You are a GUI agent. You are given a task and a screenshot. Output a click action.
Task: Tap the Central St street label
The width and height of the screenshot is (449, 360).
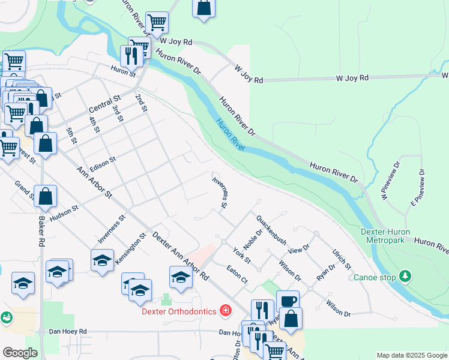click(104, 106)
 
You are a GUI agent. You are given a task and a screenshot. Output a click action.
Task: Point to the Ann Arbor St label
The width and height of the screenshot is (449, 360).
click(95, 182)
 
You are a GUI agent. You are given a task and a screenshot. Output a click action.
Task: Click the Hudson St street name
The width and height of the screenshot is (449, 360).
click(64, 215)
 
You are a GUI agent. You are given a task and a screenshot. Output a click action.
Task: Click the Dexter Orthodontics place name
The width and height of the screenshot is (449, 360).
click(179, 311)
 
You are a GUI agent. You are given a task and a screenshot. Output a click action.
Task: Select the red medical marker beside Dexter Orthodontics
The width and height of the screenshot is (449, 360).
click(226, 310)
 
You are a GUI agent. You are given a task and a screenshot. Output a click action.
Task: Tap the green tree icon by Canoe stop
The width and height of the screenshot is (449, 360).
click(406, 276)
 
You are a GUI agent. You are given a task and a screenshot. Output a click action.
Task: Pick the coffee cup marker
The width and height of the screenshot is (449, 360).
click(288, 301)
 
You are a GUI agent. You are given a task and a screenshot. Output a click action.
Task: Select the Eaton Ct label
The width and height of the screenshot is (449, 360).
click(237, 275)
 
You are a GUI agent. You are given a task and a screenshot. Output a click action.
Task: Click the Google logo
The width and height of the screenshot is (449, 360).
click(20, 352)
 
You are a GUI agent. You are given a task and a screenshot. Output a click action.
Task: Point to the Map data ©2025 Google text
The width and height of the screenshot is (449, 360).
click(411, 355)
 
